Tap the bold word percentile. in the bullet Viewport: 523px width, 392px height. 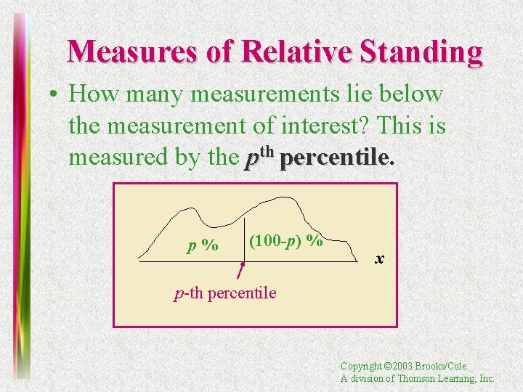click(x=337, y=158)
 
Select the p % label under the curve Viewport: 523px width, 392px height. click(x=203, y=245)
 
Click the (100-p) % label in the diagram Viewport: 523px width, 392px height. click(x=285, y=240)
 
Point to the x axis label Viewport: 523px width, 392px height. click(x=379, y=258)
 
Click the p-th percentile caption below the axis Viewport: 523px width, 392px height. click(x=225, y=293)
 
